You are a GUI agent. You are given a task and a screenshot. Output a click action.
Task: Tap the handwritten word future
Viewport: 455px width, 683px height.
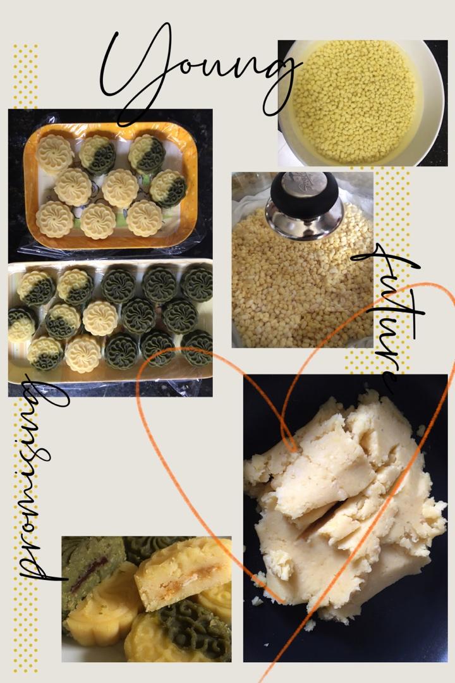click(x=390, y=314)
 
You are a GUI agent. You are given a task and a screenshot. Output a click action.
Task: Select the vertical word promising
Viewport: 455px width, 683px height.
click(x=40, y=479)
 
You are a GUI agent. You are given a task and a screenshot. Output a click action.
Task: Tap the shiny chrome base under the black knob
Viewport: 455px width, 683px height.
click(x=305, y=221)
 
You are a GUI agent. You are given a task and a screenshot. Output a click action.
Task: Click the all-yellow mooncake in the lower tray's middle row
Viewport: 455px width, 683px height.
click(x=100, y=318)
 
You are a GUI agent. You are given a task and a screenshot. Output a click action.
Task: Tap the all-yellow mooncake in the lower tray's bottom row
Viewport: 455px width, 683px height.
click(x=83, y=354)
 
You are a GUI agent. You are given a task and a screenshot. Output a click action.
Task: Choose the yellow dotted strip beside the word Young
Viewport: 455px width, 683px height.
click(x=25, y=77)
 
